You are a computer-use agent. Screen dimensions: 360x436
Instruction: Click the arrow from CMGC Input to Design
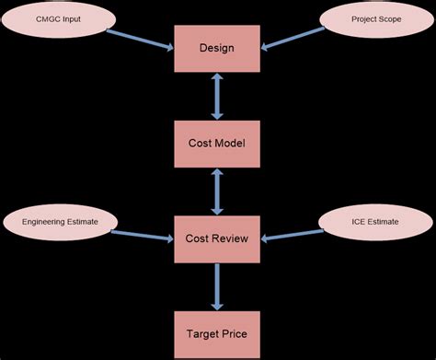tap(140, 38)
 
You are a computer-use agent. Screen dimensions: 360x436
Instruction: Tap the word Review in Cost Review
tap(235, 238)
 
